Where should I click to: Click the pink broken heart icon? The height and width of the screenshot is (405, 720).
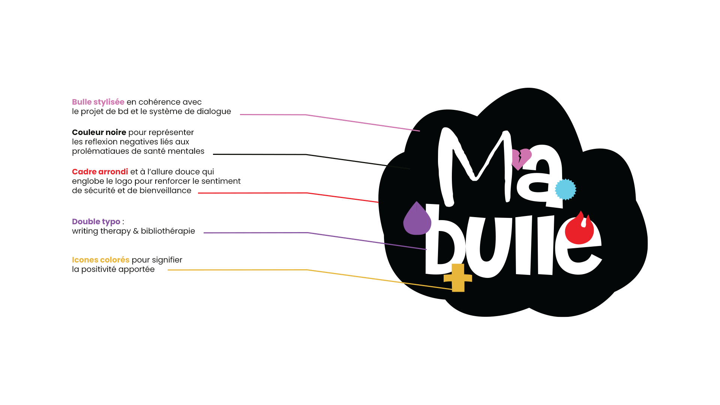pos(521,158)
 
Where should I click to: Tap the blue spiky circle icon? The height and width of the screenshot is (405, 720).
pos(565,189)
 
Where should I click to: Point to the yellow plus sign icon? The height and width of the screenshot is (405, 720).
pos(458,278)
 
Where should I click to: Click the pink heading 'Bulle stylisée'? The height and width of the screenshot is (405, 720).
pos(98,102)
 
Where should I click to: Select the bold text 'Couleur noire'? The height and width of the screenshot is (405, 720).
pos(99,132)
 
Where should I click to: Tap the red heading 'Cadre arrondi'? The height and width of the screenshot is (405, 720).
pos(100,172)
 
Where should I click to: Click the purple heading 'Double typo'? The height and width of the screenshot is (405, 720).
pos(96,222)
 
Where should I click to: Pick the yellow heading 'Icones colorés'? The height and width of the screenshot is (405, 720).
pos(100,260)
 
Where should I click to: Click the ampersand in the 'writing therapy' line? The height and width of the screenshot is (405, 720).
pos(136,231)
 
